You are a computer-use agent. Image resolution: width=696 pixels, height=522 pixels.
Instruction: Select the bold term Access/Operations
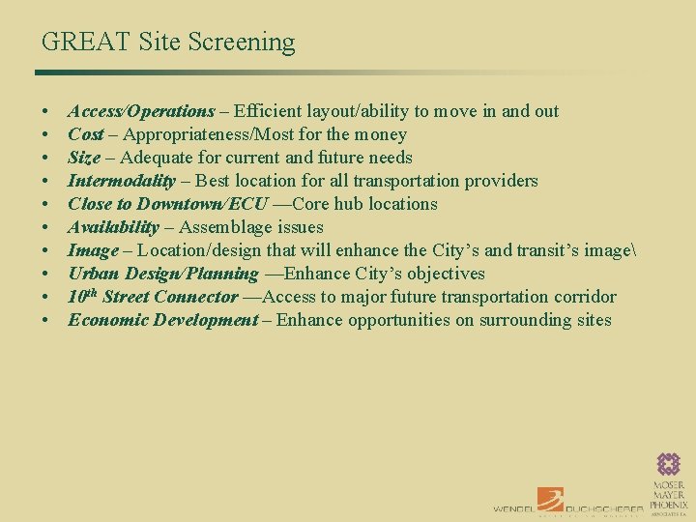pyautogui.click(x=141, y=111)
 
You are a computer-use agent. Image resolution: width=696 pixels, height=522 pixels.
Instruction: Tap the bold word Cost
pyautogui.click(x=86, y=134)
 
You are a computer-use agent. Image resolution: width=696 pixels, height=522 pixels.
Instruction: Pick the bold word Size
pyautogui.click(x=84, y=158)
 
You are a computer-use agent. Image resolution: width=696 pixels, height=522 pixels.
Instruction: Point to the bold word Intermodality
pyautogui.click(x=122, y=181)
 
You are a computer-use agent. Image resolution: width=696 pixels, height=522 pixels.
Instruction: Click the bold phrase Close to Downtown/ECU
pyautogui.click(x=167, y=204)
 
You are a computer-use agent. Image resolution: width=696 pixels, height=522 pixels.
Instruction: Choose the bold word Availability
pyautogui.click(x=113, y=227)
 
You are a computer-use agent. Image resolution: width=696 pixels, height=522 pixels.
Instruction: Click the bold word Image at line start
pyautogui.click(x=93, y=250)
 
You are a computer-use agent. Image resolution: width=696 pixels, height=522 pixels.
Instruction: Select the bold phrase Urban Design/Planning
pyautogui.click(x=163, y=274)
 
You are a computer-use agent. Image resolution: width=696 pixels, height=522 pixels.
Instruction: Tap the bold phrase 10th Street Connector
pyautogui.click(x=153, y=297)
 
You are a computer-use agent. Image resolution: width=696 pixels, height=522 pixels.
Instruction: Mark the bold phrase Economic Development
pyautogui.click(x=162, y=320)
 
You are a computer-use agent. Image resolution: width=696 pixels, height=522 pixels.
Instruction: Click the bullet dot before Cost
pyautogui.click(x=45, y=135)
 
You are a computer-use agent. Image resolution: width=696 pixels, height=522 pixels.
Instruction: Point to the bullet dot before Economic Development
pyautogui.click(x=45, y=321)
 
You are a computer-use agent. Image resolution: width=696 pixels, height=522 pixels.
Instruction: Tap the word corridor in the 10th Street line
pyautogui.click(x=584, y=297)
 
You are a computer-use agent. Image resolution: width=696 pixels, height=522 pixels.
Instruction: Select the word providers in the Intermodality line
pyautogui.click(x=503, y=181)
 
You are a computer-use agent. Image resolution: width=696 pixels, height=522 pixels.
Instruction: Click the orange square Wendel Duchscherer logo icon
pyautogui.click(x=550, y=500)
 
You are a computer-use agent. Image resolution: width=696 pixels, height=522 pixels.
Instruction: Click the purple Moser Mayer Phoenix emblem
pyautogui.click(x=669, y=465)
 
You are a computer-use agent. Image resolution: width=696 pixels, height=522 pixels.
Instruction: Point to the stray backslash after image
pyautogui.click(x=630, y=250)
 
